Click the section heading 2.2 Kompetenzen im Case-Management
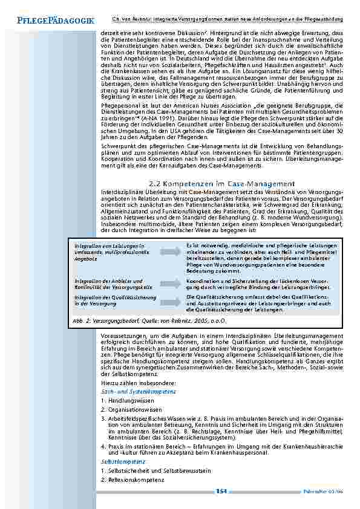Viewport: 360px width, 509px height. (x=221, y=184)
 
